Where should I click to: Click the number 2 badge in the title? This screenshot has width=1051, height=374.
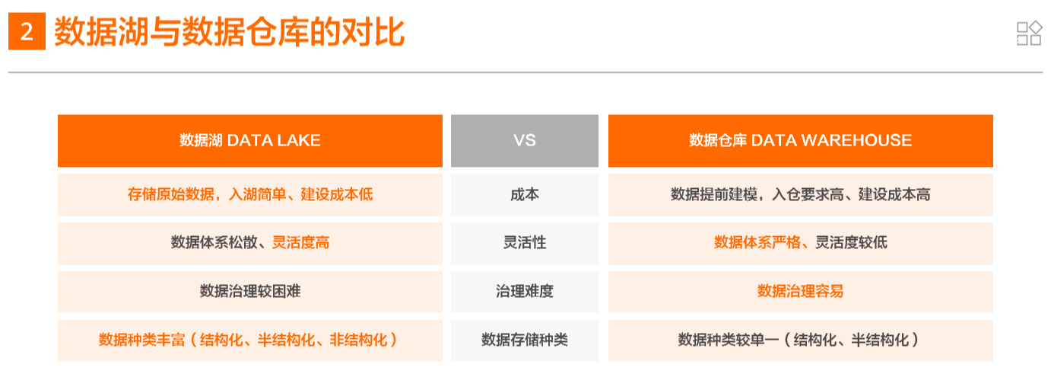click(x=27, y=33)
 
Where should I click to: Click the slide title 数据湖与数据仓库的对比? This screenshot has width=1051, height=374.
click(x=229, y=33)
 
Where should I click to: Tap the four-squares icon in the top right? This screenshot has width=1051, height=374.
click(x=1028, y=33)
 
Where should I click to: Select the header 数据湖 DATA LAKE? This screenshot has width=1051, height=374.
click(x=249, y=140)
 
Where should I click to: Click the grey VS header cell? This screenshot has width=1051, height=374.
click(x=524, y=140)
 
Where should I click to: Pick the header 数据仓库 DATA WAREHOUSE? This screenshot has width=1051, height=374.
click(x=800, y=140)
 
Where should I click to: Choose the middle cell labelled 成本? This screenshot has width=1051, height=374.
click(x=524, y=194)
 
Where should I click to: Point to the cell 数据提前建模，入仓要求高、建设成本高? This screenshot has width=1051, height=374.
click(x=800, y=194)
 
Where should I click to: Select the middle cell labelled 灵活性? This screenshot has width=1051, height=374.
click(x=524, y=243)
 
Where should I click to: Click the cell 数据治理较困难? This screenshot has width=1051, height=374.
click(x=249, y=291)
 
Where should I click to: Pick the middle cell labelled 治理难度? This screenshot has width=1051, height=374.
click(x=524, y=291)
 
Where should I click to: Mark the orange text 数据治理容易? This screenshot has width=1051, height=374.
click(x=800, y=291)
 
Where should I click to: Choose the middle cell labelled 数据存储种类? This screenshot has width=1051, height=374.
click(x=524, y=340)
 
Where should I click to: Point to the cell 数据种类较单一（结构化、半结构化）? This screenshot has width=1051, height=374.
click(x=800, y=340)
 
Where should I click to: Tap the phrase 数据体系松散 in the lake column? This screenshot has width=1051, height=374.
click(x=217, y=243)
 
